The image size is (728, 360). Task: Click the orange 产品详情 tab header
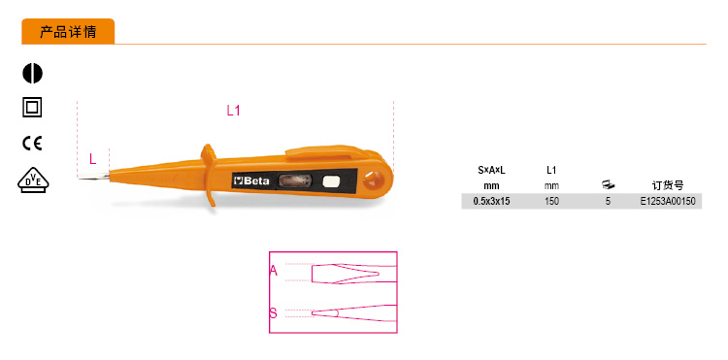click(x=68, y=32)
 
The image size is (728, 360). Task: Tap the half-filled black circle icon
click(x=32, y=74)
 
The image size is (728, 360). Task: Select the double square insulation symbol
click(x=32, y=108)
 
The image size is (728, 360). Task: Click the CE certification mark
click(x=32, y=144)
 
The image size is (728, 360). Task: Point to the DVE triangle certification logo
click(x=33, y=180)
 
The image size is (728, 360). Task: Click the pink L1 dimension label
click(x=233, y=111)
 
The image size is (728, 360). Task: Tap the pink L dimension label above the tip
click(x=93, y=159)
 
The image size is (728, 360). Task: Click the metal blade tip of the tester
click(x=93, y=176)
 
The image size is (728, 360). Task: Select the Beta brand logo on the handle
click(x=250, y=180)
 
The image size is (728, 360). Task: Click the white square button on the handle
click(x=331, y=180)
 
